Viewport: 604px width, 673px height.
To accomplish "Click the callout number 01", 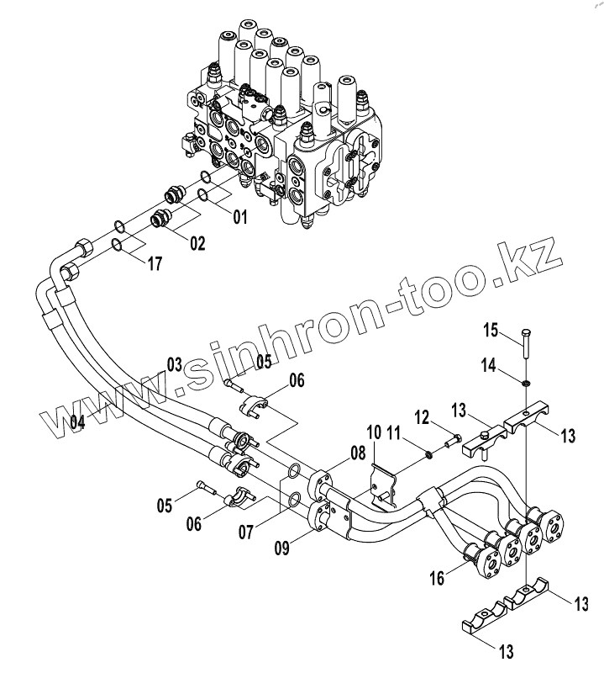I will (x=239, y=217).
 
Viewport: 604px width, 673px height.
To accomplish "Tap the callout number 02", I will (x=197, y=244).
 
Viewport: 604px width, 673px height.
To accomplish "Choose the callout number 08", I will (x=358, y=454).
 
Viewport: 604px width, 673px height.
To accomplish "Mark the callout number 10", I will (x=374, y=432).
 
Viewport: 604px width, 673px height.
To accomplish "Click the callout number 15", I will (x=490, y=329).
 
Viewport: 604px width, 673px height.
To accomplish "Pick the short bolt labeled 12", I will (x=454, y=439).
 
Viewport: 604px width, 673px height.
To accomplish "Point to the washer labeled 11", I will (x=428, y=455).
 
